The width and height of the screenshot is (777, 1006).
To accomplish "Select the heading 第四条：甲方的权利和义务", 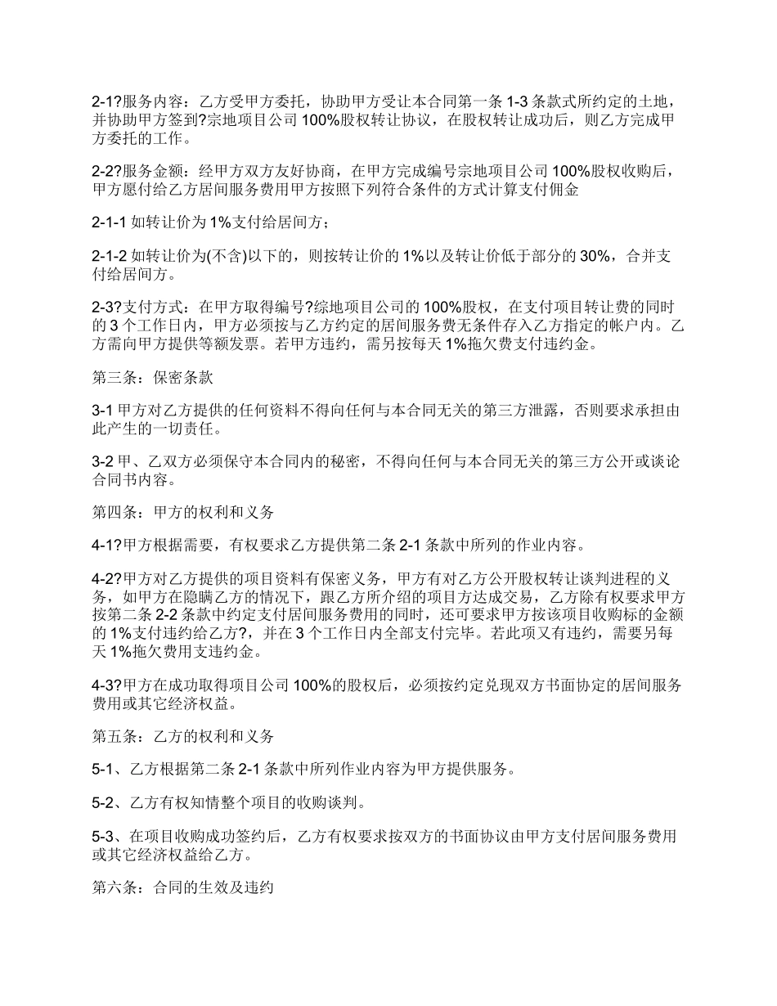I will (182, 513).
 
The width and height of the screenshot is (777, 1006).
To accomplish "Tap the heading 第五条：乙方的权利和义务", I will (182, 735).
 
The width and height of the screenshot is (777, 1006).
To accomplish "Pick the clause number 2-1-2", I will (109, 257).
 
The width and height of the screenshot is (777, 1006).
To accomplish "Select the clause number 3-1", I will (101, 409).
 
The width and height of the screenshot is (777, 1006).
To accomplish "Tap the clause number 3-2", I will (101, 462).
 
